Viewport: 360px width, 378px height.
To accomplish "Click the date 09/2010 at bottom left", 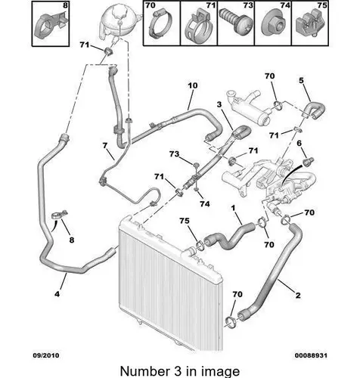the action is pos(46,355).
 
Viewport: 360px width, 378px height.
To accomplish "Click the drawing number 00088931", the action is pos(311,355).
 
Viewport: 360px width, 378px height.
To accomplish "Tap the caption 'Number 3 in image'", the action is pos(180,371).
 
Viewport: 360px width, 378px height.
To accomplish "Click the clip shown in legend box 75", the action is pos(309,24).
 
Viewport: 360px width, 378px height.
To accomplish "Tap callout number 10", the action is pos(193,85).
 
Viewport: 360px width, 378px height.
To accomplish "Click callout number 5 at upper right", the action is pos(301,80).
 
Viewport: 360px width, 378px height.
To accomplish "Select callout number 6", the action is pos(299,144).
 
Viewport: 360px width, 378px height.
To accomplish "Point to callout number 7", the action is pos(105,145).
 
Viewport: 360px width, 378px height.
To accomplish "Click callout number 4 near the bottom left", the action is pos(57,293).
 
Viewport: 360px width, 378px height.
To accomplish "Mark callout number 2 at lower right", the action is pos(298,295).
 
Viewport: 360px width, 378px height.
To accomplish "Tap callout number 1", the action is pos(233,208).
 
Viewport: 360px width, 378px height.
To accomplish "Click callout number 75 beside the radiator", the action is pos(185,221).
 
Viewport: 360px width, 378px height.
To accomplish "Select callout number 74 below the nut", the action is pos(205,203).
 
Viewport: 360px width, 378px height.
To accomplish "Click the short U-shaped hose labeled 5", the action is pos(315,110).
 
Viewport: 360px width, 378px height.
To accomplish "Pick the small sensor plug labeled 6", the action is pos(309,162).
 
